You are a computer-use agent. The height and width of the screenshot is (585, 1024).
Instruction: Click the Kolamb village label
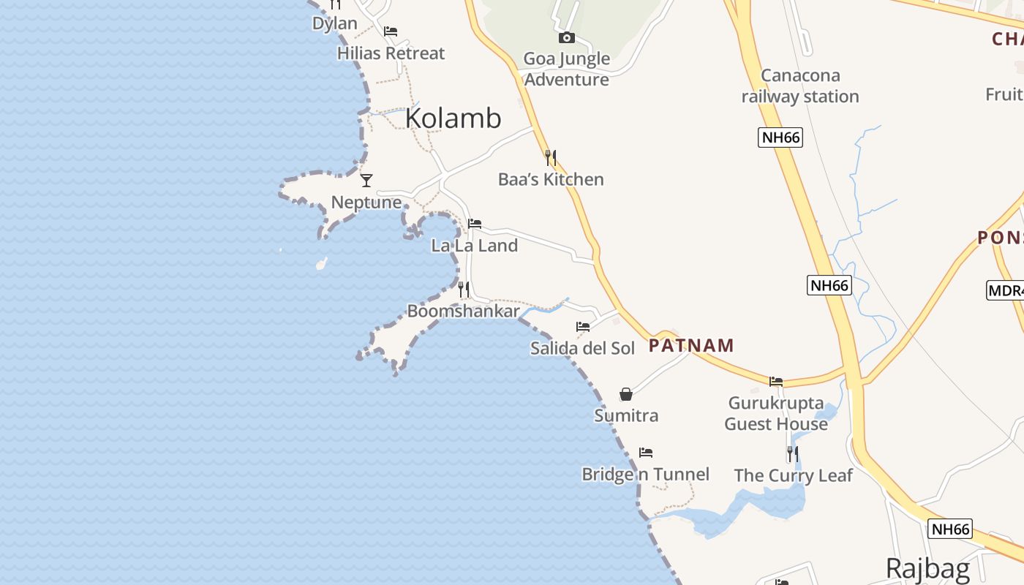pyautogui.click(x=453, y=118)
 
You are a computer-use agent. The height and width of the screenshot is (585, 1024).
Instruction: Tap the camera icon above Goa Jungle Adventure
pyautogui.click(x=566, y=37)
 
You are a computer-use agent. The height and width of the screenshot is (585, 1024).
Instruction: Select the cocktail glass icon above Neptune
pyautogui.click(x=366, y=180)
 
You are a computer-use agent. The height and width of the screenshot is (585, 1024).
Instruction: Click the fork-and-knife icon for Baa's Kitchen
pyautogui.click(x=551, y=157)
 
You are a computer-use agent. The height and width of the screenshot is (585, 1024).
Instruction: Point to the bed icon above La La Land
pyautogui.click(x=475, y=223)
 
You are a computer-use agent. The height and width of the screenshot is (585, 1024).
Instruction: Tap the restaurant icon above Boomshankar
pyautogui.click(x=463, y=290)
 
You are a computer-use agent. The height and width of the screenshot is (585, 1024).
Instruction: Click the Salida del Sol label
pyautogui.click(x=582, y=348)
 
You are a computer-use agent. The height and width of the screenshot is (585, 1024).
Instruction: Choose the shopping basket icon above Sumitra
pyautogui.click(x=626, y=394)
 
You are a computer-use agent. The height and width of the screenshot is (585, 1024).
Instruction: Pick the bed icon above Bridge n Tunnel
pyautogui.click(x=645, y=453)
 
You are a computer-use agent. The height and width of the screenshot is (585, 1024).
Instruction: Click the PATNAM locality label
pyautogui.click(x=691, y=346)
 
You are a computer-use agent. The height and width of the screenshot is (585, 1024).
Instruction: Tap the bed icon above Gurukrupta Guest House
pyautogui.click(x=776, y=381)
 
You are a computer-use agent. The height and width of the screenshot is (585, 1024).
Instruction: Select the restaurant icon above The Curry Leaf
pyautogui.click(x=793, y=454)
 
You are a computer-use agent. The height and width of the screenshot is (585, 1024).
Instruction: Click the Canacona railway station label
pyautogui.click(x=800, y=86)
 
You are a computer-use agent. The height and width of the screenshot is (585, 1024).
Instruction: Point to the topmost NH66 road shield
pyautogui.click(x=780, y=137)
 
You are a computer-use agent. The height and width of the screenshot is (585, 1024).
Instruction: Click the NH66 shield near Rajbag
pyautogui.click(x=950, y=529)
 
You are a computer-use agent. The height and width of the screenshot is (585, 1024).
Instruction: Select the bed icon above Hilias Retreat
pyautogui.click(x=391, y=31)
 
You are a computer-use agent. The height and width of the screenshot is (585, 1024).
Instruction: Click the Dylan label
pyautogui.click(x=334, y=23)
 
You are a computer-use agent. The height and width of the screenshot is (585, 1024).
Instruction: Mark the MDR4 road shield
pyautogui.click(x=1006, y=290)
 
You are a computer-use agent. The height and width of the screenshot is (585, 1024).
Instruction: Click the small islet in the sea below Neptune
pyautogui.click(x=320, y=263)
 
